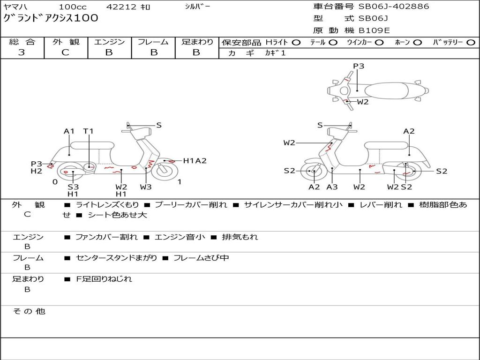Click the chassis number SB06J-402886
point(394,7)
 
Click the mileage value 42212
point(121,7)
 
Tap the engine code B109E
point(374,30)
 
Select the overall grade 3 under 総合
point(22,52)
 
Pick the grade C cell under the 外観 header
point(65,52)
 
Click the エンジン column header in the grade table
point(109,42)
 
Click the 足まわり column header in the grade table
point(197,42)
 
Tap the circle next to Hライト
point(296,42)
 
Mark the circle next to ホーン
point(417,42)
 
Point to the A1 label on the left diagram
point(69,131)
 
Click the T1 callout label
point(89,131)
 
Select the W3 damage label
point(146,187)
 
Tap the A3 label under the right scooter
point(332,187)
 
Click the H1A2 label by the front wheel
point(195,161)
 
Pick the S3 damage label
point(73,187)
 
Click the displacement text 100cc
point(73,7)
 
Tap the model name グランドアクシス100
point(51,18)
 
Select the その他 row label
point(29,311)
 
